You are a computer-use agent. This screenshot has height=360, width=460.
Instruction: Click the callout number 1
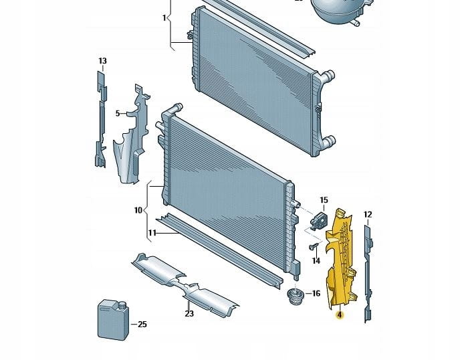coord(164,18)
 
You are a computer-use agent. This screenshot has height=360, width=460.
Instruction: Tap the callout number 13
coord(102,62)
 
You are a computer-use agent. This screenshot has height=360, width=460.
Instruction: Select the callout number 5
coord(117,113)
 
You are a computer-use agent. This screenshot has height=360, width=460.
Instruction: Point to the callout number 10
coord(138,210)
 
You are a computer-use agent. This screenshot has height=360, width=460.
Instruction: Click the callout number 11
coord(152,233)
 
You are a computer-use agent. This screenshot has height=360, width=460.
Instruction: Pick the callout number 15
coord(324,200)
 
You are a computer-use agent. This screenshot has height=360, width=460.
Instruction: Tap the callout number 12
coord(367,214)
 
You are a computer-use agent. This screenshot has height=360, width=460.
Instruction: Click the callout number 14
coord(316,260)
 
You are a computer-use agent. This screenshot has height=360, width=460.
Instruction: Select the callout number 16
coord(316,293)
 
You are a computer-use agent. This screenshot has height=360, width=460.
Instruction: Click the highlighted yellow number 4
coord(340,314)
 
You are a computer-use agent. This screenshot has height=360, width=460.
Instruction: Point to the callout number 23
coord(189,313)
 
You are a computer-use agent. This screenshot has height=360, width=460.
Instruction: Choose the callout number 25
coord(142,325)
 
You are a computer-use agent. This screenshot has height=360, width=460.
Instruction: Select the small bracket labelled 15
coord(318,219)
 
